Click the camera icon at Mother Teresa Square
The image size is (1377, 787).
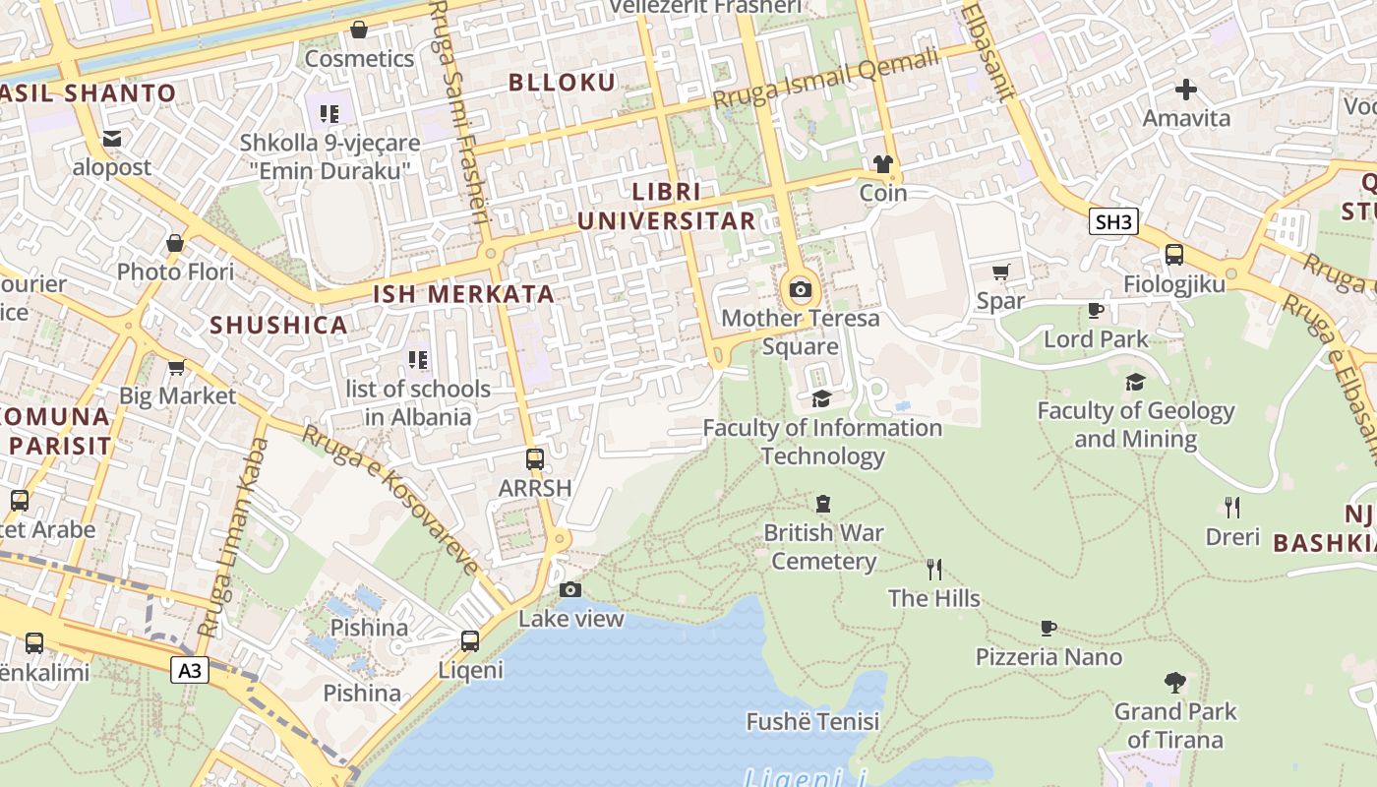coord(801,289)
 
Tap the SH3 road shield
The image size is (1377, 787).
coord(1113,221)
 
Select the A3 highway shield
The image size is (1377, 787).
coord(191,671)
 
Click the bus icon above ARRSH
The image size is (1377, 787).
coord(535,459)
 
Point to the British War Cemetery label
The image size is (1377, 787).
coord(823,547)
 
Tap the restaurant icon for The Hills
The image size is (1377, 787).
coord(934,569)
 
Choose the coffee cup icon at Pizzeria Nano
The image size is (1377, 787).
coord(1048,628)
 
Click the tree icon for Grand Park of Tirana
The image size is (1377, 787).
coord(1174,682)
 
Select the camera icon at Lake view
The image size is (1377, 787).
coord(570,589)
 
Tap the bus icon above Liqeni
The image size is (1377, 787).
coord(470,641)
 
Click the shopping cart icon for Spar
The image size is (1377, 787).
coord(1001,272)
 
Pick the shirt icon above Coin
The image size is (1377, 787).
coord(882,163)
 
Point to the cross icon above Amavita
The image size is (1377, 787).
coord(1186,90)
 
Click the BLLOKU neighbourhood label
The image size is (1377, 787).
coord(562,83)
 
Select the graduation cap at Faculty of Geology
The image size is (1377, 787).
coord(1135,382)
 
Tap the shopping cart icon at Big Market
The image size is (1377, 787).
coord(177,367)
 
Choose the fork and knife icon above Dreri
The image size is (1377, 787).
coord(1232,508)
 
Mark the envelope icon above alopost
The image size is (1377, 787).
coord(112,139)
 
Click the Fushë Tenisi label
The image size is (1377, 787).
coord(812,722)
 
